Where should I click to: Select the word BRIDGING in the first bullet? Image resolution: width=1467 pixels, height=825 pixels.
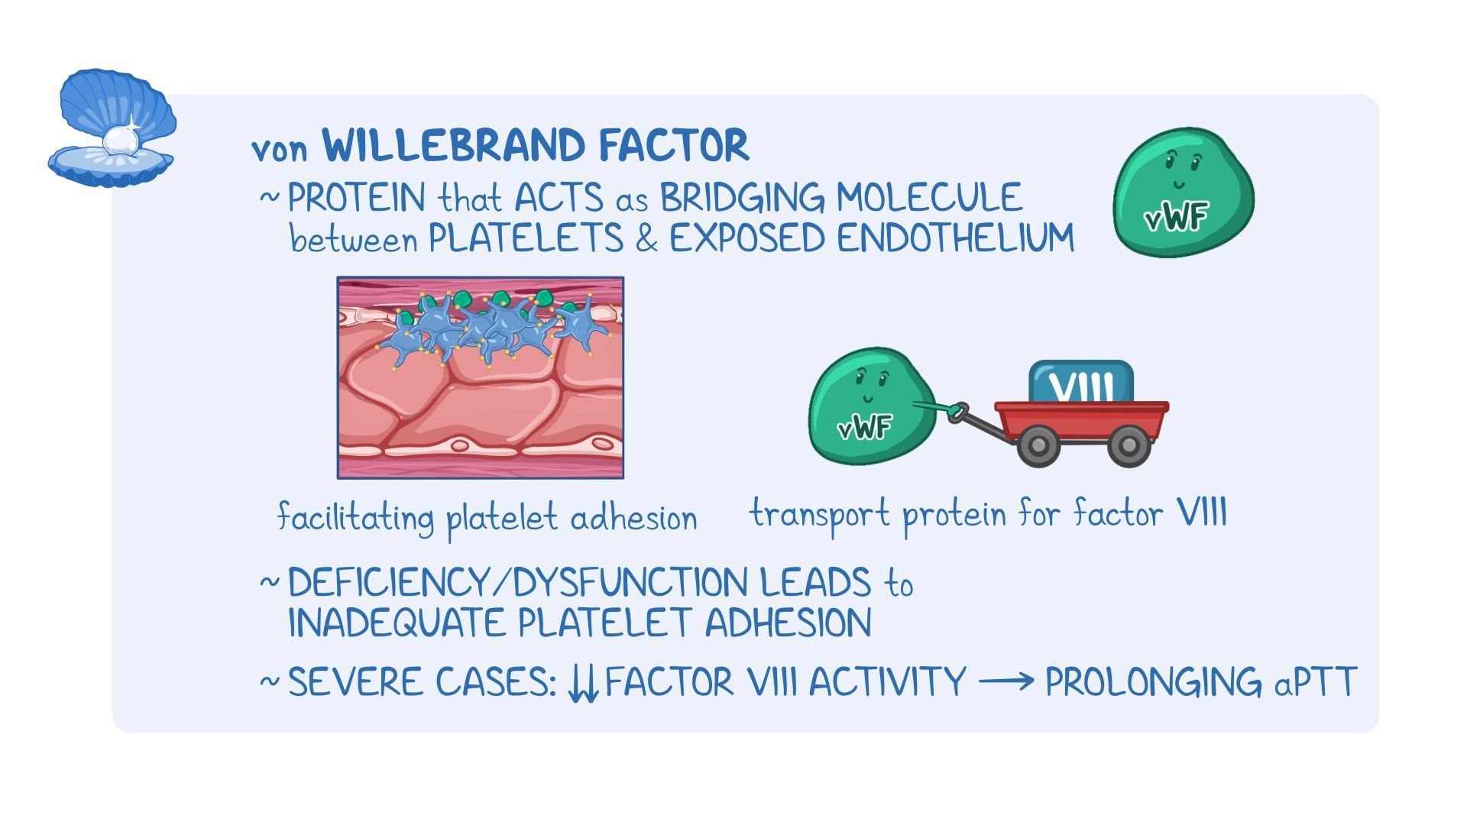point(742,199)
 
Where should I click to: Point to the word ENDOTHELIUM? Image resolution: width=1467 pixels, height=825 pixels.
point(955,238)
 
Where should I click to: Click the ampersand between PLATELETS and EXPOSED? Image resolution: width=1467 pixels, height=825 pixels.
point(646,239)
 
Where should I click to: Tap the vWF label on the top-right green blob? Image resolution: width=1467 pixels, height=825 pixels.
point(1176,218)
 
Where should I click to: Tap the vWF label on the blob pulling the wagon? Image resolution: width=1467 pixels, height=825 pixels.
point(864,427)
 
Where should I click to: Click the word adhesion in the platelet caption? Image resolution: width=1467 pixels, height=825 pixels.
point(633,519)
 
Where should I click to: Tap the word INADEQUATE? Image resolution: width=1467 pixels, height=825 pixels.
point(397,623)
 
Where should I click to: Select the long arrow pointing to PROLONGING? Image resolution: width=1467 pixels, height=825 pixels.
point(1006,680)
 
